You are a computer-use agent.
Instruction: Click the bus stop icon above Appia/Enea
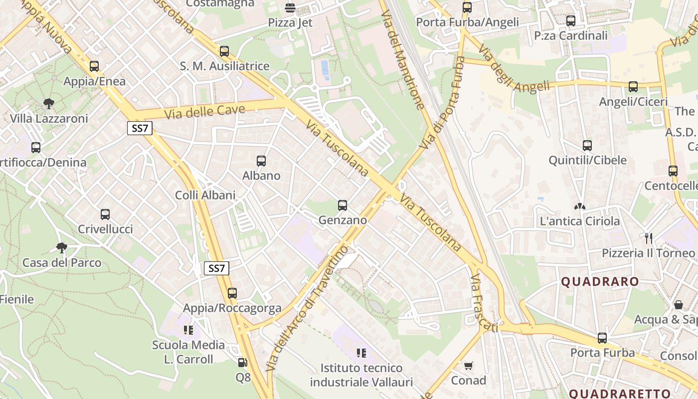pos(94,66)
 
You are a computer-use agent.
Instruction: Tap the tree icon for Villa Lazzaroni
pos(49,103)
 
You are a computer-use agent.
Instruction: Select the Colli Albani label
pos(205,195)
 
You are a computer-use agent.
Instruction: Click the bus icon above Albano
pos(261,161)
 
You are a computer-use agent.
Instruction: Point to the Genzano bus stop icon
pos(343,205)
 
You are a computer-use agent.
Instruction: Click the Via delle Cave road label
pos(205,111)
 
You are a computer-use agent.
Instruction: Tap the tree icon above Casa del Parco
pos(62,247)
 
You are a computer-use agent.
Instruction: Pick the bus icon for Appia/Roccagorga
pos(232,293)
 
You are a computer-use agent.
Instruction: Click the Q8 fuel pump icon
pos(243,363)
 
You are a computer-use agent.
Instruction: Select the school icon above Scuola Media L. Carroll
pos(188,330)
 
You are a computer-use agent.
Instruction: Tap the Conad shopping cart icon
pos(468,366)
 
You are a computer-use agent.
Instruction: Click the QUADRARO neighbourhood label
pos(600,281)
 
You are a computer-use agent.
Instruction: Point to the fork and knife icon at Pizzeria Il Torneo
pos(648,238)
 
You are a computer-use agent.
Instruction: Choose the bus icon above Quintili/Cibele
pos(587,146)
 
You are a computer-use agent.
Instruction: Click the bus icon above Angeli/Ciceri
pos(633,87)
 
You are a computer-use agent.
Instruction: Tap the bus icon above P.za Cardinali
pos(571,21)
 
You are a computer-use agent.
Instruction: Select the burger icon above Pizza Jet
pos(290,7)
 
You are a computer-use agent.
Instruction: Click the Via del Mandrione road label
pos(402,59)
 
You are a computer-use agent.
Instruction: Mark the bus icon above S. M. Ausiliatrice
pos(224,51)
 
